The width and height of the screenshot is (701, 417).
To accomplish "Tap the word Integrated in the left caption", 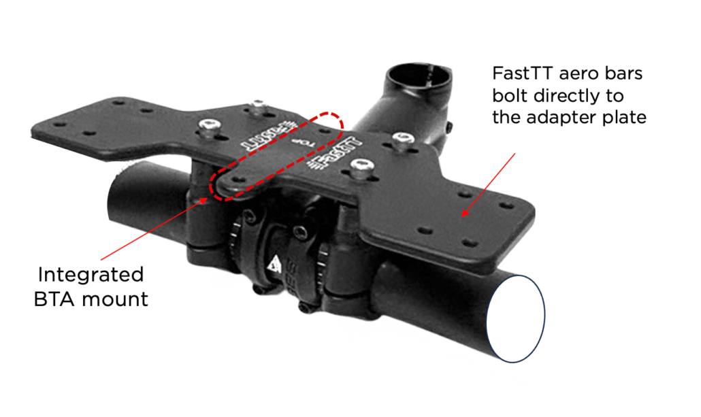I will pyautogui.click(x=91, y=275).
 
